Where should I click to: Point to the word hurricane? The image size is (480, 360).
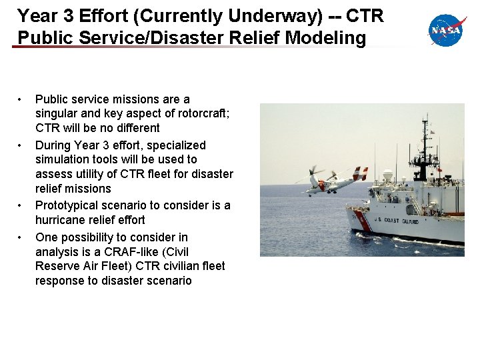click(x=62, y=220)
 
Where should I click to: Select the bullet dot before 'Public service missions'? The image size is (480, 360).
click(x=21, y=99)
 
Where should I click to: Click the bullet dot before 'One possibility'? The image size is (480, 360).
click(x=21, y=237)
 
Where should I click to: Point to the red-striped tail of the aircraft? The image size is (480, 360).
click(x=360, y=173)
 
